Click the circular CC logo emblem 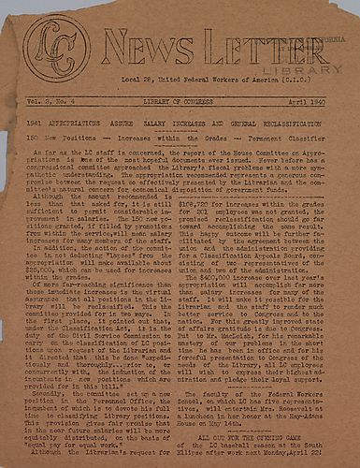coord(57,48)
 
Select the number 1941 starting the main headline coord(38,123)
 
